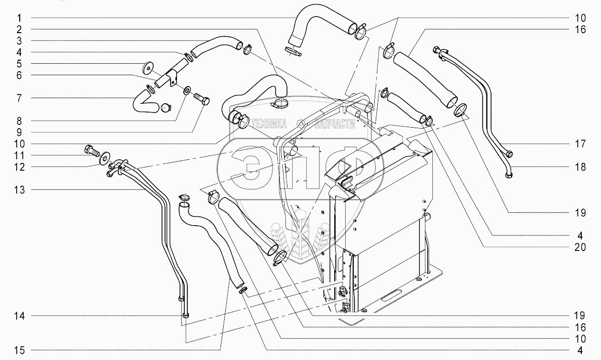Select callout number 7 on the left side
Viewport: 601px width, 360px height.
18,98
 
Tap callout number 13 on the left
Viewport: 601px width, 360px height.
18,190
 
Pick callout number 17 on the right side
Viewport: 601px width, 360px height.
580,143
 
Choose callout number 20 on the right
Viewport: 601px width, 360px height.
580,247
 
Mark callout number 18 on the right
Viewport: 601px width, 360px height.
580,167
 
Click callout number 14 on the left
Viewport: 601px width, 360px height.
18,315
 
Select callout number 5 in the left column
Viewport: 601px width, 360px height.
18,64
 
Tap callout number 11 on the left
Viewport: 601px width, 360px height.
18,155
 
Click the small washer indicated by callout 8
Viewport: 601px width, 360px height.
187,91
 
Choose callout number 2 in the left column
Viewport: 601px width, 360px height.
18,29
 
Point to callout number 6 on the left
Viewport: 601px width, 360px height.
18,75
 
